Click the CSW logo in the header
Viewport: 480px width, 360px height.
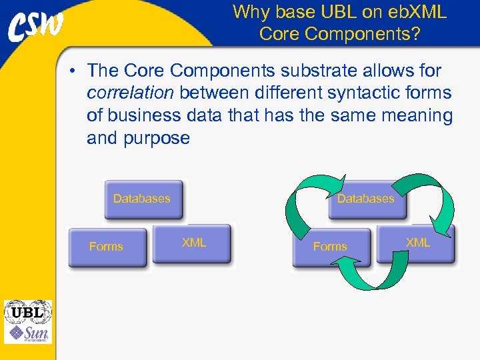36,27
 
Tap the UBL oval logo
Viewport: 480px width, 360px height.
27,311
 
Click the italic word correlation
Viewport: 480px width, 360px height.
130,93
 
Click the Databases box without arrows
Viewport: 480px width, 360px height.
143,199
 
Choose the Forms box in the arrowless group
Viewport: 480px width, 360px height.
107,247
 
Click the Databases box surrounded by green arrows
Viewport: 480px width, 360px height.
366,199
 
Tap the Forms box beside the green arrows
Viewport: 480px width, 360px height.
331,247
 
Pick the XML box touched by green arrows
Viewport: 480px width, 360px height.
418,244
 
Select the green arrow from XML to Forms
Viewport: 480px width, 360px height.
373,277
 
